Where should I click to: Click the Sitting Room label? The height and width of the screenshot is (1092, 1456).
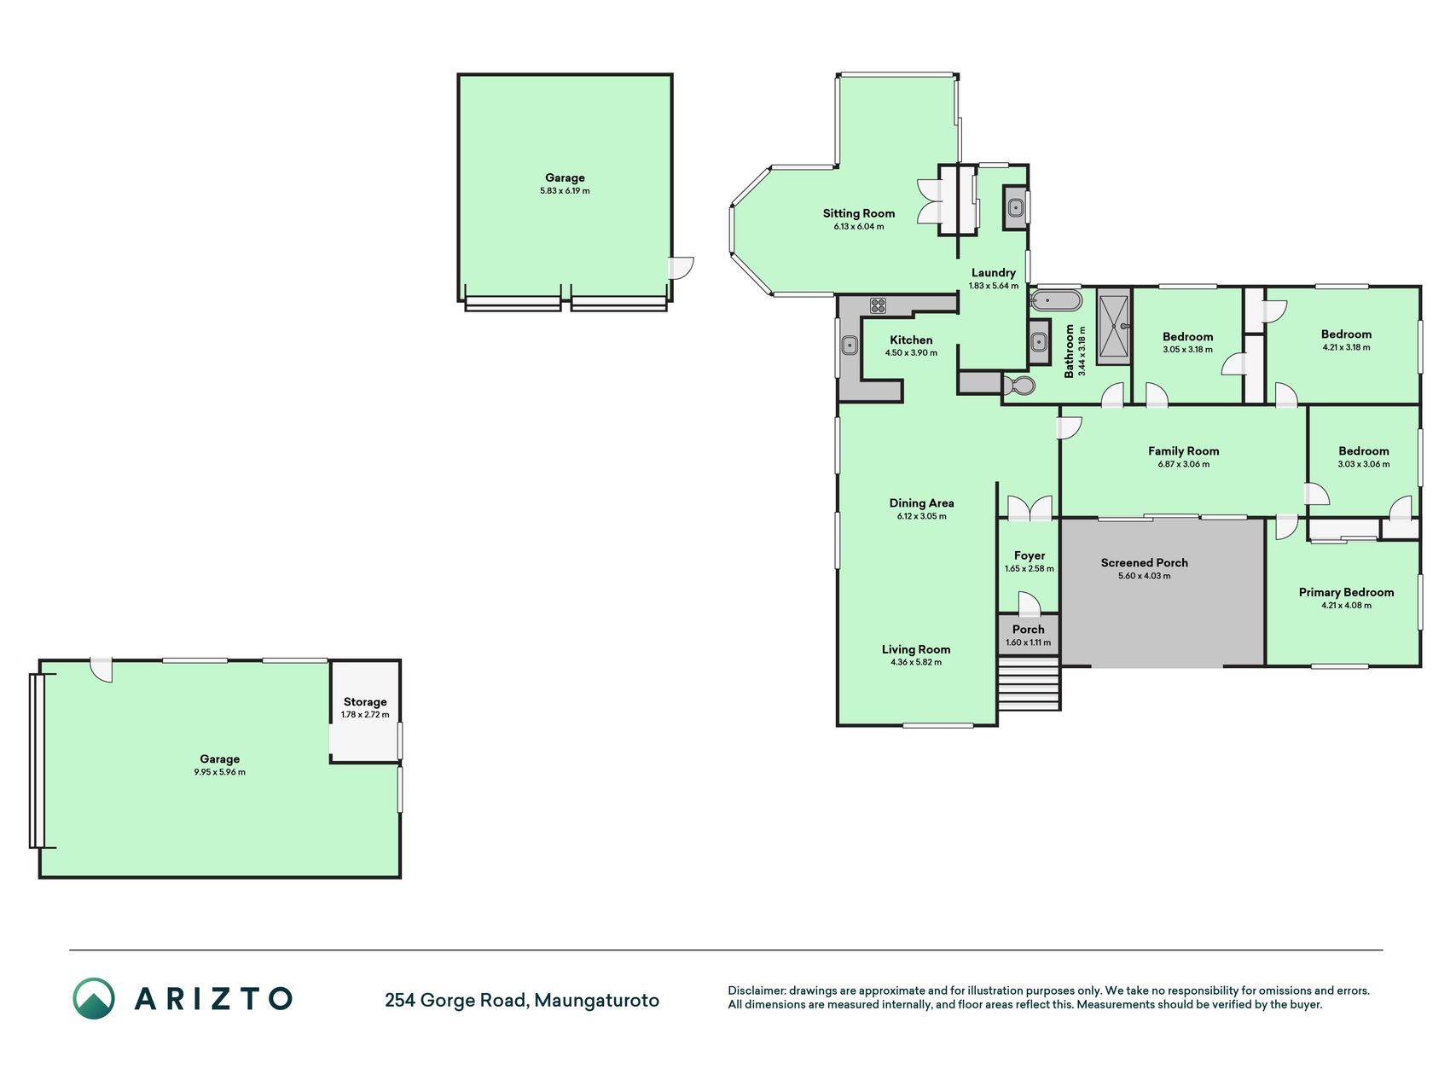click(x=858, y=213)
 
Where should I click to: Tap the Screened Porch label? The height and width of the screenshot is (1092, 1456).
click(x=1144, y=562)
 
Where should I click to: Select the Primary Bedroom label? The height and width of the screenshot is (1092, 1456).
click(x=1346, y=592)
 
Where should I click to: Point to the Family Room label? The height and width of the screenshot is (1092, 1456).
click(x=1183, y=451)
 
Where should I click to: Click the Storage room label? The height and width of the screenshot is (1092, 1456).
click(x=365, y=702)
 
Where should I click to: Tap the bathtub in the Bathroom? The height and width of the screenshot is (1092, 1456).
click(x=1056, y=301)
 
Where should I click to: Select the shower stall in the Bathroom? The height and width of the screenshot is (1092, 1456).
click(x=1113, y=327)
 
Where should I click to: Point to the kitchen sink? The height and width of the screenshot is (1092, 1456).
click(x=850, y=346)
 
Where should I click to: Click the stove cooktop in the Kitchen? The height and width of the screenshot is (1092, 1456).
click(x=879, y=305)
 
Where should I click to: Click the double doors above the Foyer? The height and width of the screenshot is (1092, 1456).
click(x=1030, y=508)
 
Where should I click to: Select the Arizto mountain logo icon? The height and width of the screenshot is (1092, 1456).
click(x=93, y=998)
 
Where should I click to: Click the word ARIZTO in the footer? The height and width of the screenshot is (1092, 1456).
click(x=213, y=999)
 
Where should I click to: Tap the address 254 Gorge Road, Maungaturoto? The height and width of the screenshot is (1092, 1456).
click(x=522, y=1000)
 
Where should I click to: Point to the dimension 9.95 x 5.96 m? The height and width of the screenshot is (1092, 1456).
click(x=219, y=772)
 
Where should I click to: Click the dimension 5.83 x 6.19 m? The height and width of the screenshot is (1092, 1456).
click(x=565, y=191)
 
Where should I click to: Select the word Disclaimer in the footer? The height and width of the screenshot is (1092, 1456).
click(x=756, y=990)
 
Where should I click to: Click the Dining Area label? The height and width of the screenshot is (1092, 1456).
click(x=921, y=503)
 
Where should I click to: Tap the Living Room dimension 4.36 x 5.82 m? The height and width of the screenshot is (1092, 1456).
click(x=916, y=662)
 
